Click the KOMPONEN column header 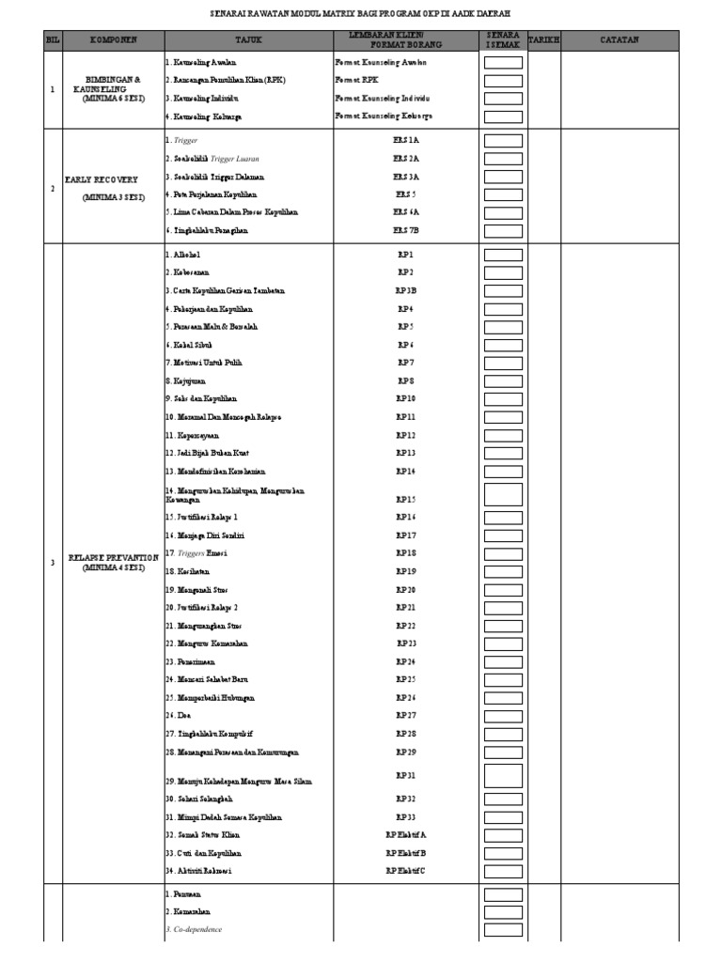click(113, 40)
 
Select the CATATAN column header click(620, 40)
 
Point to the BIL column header click(52, 40)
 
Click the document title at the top click(360, 14)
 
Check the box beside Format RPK click(503, 81)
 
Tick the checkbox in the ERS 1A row click(503, 140)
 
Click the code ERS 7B click(405, 230)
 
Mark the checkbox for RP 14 click(503, 472)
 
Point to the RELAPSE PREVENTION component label click(113, 558)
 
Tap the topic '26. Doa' click(178, 716)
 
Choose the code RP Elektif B click(405, 853)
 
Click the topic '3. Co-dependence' click(195, 930)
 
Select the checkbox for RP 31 click(503, 776)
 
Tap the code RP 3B click(405, 291)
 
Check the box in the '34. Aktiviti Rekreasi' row click(503, 871)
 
